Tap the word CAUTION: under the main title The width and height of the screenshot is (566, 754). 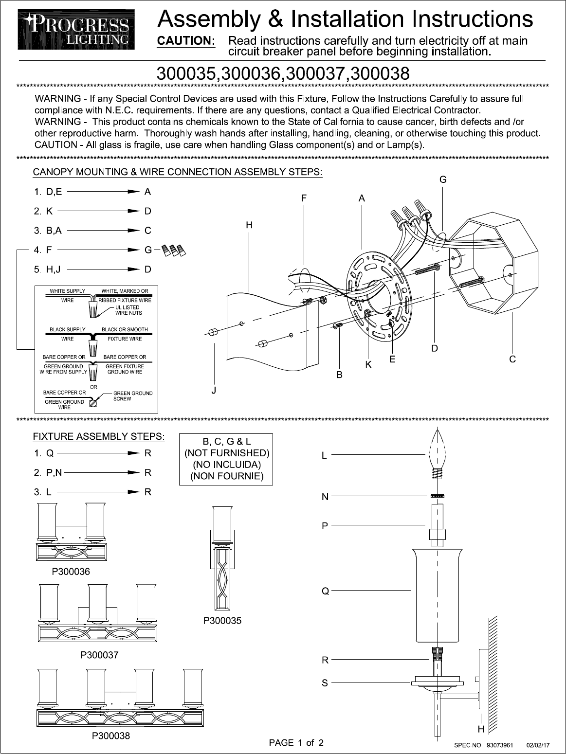click(x=186, y=41)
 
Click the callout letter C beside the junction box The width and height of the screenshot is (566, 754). click(x=512, y=359)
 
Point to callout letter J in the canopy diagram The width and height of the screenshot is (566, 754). click(x=214, y=390)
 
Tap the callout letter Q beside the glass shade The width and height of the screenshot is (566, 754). click(x=325, y=592)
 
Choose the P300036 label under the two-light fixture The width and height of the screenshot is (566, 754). click(x=71, y=572)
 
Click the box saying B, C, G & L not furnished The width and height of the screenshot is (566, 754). click(x=226, y=459)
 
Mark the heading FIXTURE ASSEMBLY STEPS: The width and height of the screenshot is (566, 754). click(x=98, y=436)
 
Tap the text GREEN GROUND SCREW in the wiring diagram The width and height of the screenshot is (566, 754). click(x=132, y=396)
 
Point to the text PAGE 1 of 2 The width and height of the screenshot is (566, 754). click(x=296, y=743)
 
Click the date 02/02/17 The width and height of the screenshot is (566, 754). click(x=538, y=745)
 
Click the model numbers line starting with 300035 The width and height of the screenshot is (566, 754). click(x=282, y=73)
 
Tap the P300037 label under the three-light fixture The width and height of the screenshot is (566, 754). click(x=99, y=655)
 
